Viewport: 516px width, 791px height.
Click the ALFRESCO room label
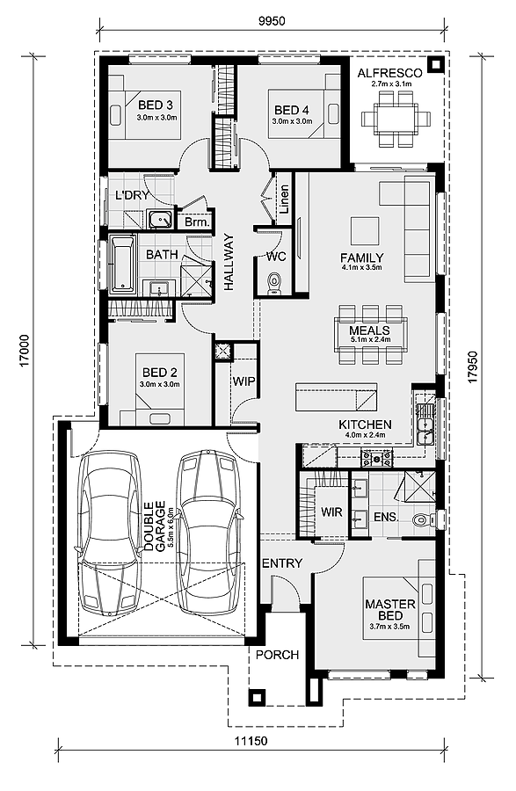[x=389, y=73]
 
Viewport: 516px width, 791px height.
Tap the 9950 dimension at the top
[x=272, y=21]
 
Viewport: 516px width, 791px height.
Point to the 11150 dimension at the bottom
[x=251, y=742]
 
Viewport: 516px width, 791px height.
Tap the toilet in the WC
[x=274, y=281]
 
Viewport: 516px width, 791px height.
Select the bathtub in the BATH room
[x=123, y=264]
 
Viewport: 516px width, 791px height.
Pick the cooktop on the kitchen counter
[x=376, y=458]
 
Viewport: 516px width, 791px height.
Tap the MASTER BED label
[x=390, y=609]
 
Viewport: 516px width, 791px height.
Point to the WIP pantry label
[x=243, y=381]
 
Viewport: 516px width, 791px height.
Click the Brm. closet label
[x=197, y=222]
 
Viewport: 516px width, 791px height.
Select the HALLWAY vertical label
[x=229, y=262]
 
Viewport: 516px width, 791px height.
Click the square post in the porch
[x=257, y=697]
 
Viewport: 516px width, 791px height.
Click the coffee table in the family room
[x=365, y=230]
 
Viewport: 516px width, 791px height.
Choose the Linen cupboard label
[x=284, y=199]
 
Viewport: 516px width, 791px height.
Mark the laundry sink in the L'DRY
[x=162, y=220]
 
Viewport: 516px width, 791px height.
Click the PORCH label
[x=277, y=655]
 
